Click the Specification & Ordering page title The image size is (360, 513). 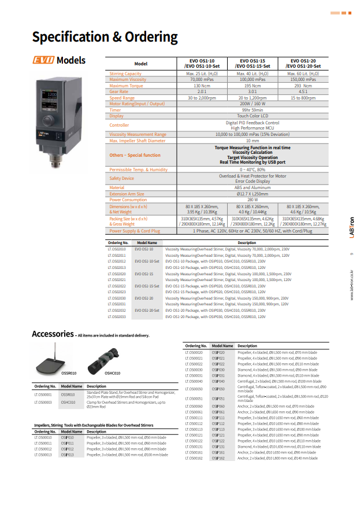coord(105,37)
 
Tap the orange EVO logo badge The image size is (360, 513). coord(43,60)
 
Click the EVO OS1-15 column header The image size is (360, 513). coord(253,63)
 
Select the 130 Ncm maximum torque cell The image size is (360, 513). coord(202,86)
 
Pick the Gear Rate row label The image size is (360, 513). coord(119,91)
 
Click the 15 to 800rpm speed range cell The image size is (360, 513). coord(303,98)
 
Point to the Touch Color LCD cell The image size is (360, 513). coord(253,116)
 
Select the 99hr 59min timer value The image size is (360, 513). coord(253,110)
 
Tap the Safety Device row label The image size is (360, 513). coord(122,178)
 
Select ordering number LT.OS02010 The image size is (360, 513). coord(117,249)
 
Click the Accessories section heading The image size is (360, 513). coord(53,334)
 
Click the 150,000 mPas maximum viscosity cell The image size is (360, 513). coord(303,79)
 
